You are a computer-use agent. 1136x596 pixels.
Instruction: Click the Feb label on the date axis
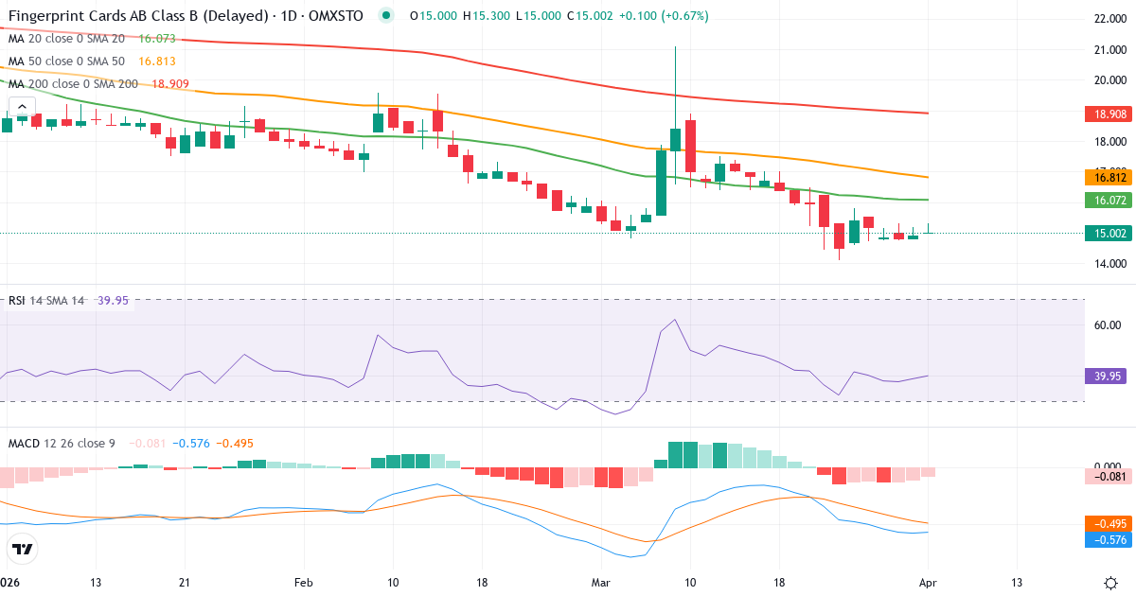303,583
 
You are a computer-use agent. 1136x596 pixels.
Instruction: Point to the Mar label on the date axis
601,583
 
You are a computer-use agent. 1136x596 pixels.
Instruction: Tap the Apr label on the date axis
928,583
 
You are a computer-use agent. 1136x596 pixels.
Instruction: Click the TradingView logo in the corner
22,549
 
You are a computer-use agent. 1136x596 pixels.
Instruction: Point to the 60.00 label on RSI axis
1107,324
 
